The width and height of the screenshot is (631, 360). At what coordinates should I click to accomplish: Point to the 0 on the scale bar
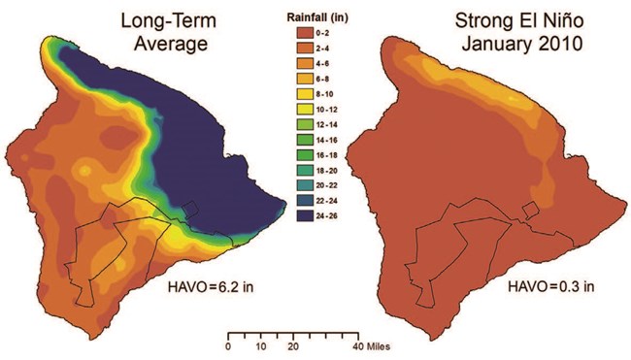click(228, 346)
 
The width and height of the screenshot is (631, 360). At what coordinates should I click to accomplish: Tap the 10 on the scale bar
click(260, 346)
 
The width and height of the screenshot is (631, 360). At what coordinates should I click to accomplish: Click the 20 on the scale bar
click(291, 346)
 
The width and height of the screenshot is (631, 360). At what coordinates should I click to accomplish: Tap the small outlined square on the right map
click(529, 209)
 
